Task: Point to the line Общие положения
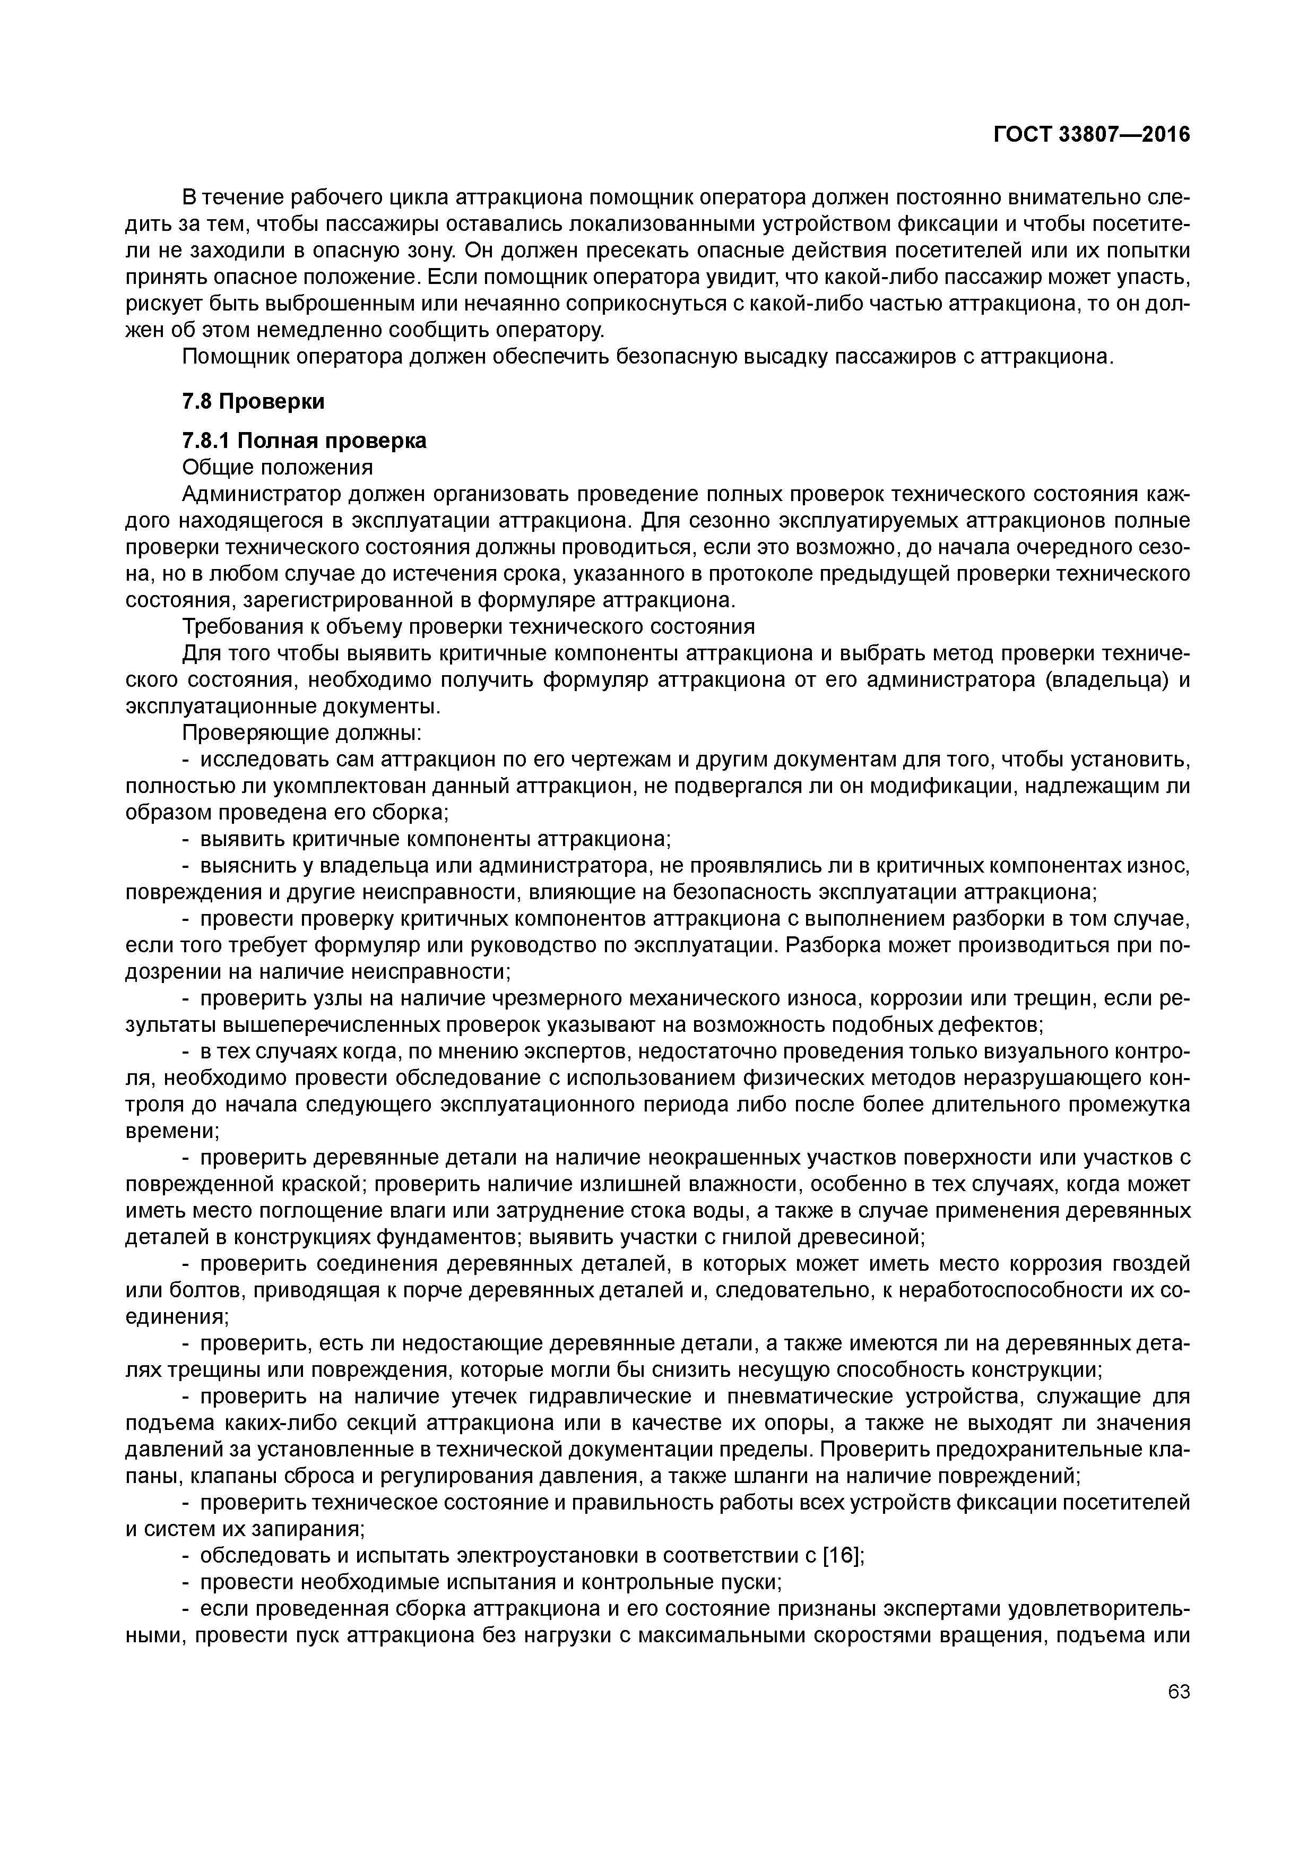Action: tap(278, 468)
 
